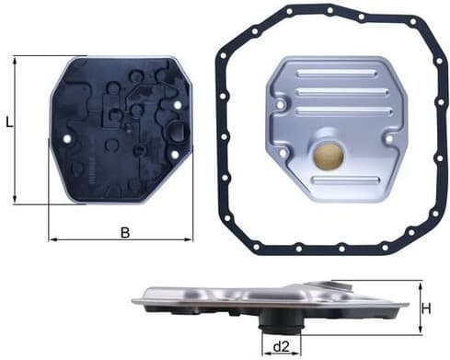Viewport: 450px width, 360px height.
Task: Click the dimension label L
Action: pos(8,122)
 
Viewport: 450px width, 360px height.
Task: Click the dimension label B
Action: pos(125,232)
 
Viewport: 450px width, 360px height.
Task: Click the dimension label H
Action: pos(425,308)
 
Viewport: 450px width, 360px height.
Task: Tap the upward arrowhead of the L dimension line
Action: pos(17,60)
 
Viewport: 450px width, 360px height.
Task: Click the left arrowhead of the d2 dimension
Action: pos(266,351)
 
